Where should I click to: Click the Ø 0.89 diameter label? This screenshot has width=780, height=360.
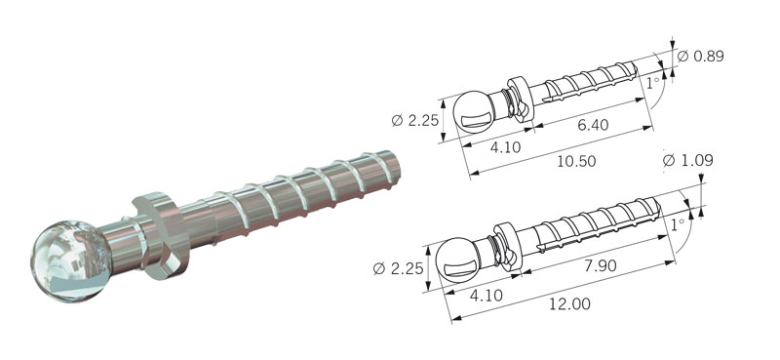(700, 57)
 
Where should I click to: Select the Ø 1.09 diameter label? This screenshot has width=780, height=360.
(688, 160)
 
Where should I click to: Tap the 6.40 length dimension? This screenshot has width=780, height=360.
(593, 125)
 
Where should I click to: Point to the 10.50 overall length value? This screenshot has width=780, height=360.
(575, 161)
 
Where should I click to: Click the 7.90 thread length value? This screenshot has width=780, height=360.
(601, 265)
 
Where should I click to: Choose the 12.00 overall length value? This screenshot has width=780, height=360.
(569, 303)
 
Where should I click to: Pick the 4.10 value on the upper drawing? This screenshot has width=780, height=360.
(505, 147)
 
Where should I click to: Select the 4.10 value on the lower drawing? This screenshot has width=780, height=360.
(486, 296)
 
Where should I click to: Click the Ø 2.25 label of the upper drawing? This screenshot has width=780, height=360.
(414, 121)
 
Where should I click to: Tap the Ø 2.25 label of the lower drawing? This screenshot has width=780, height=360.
(398, 269)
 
